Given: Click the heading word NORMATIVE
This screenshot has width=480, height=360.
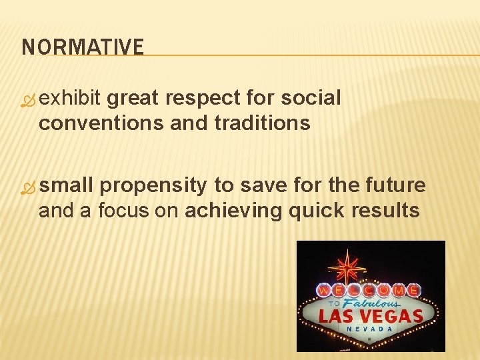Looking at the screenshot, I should [x=83, y=47].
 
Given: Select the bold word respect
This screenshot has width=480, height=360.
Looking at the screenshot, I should [x=203, y=99].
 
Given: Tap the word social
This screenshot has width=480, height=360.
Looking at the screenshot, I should [x=311, y=99].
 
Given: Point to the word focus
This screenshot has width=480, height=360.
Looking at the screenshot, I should [x=125, y=211].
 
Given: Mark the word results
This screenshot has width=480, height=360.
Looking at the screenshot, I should [x=387, y=211].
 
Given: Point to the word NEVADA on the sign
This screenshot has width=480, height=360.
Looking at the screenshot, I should [x=369, y=329].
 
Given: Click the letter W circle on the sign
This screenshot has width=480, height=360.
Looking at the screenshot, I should [x=323, y=291].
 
